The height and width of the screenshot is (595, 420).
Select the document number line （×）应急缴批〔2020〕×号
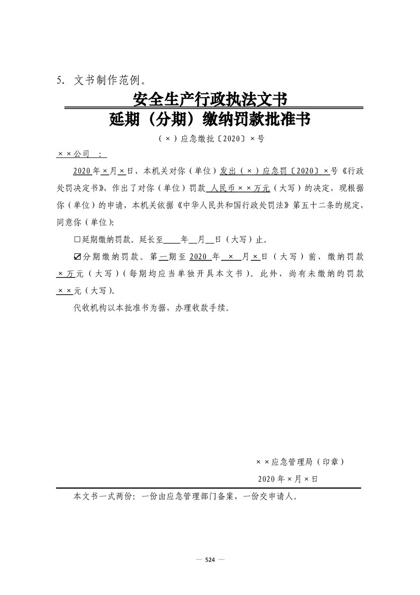click(210, 139)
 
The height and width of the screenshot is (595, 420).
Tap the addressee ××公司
click(74, 153)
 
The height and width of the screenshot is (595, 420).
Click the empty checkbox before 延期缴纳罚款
click(77, 239)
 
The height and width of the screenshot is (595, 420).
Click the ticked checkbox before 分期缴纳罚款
click(77, 257)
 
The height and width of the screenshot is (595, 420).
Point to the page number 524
click(210, 560)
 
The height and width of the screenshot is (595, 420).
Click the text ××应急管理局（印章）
click(300, 462)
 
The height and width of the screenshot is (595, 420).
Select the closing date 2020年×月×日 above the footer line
click(288, 478)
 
